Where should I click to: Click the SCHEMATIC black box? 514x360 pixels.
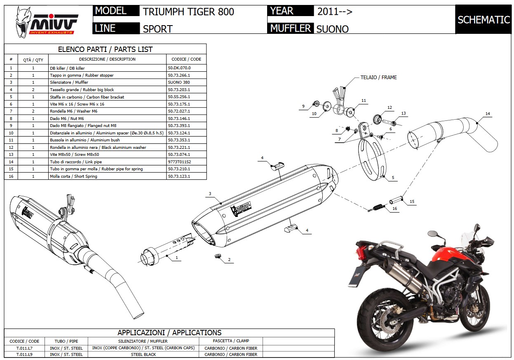[483, 20]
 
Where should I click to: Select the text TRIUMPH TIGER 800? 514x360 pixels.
[188, 12]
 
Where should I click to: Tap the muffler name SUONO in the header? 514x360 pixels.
[332, 29]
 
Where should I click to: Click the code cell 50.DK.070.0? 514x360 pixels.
[179, 68]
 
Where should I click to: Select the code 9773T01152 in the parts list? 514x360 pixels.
[179, 162]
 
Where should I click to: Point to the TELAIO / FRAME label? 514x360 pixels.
[378, 77]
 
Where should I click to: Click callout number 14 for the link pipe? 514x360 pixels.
[488, 114]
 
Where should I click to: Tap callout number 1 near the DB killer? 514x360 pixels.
[176, 258]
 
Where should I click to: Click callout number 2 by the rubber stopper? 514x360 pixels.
[229, 260]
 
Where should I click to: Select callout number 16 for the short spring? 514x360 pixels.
[394, 209]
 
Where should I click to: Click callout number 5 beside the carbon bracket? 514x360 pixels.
[393, 178]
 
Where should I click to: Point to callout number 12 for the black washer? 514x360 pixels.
[390, 108]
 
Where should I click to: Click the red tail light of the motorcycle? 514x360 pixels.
[361, 251]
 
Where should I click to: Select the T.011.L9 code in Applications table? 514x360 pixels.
[22, 354]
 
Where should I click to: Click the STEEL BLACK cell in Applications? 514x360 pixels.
[143, 354]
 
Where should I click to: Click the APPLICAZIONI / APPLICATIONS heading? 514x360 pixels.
[169, 332]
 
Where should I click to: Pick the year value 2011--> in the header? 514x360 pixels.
[334, 12]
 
